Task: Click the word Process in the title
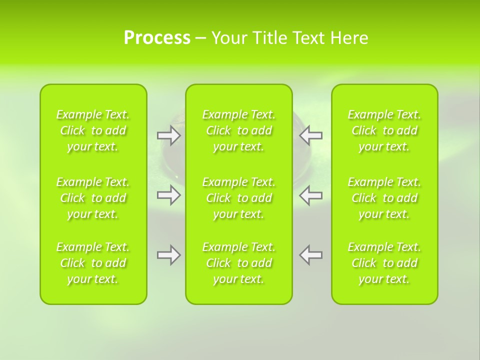(157, 38)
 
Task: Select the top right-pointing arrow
(168, 135)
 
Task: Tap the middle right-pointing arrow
(168, 195)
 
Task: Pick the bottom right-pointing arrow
(168, 255)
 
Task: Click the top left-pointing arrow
(311, 135)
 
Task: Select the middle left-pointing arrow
(311, 195)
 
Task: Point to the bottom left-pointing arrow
(311, 255)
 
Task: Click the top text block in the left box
(93, 130)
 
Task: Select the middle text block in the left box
(93, 198)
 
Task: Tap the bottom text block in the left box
(93, 263)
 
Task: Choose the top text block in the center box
(239, 130)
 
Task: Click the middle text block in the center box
(239, 198)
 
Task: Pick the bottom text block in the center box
(239, 263)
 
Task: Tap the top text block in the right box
(384, 130)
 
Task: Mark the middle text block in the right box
(384, 198)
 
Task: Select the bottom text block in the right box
(384, 263)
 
